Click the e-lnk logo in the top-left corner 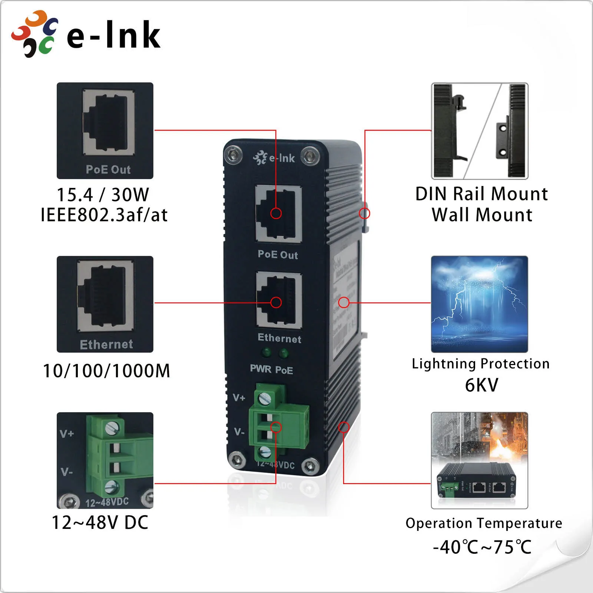[x=86, y=34]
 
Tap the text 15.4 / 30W [x=103, y=195]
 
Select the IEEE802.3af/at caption [x=104, y=215]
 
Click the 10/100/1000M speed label [x=106, y=371]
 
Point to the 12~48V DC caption [x=100, y=523]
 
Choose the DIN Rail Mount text [x=481, y=194]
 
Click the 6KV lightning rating [x=481, y=385]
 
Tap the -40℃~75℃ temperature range [x=482, y=547]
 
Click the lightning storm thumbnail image [x=479, y=304]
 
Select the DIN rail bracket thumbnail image [x=479, y=131]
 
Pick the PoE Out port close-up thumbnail [x=105, y=130]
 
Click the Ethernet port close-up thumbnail [x=105, y=304]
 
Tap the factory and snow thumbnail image [x=479, y=460]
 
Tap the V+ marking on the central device [x=239, y=398]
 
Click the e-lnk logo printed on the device [x=274, y=158]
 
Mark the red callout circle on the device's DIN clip [x=364, y=213]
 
